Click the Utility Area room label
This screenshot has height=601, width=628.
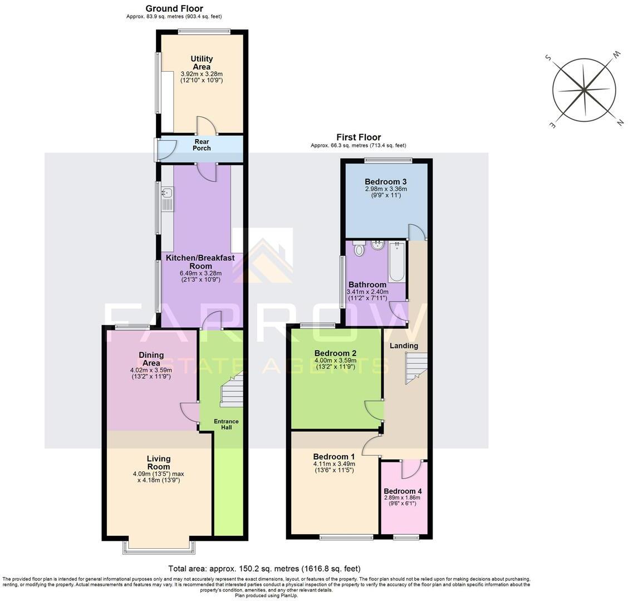(202, 62)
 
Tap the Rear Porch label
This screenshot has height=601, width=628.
(202, 145)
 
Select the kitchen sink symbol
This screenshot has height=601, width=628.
(166, 199)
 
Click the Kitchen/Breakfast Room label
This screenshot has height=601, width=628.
(200, 262)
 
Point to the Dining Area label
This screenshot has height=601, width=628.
(151, 359)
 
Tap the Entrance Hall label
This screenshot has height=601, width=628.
(227, 425)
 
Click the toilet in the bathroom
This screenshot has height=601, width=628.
(359, 249)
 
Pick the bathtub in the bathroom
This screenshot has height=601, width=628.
(396, 262)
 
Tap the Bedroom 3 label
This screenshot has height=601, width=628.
(386, 181)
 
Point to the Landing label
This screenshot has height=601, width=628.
(404, 346)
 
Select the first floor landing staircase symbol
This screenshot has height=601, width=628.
(415, 369)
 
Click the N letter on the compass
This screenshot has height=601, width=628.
(619, 123)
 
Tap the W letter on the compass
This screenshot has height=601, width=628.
(616, 55)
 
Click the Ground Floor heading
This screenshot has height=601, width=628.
(174, 8)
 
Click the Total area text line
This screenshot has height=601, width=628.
(264, 569)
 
